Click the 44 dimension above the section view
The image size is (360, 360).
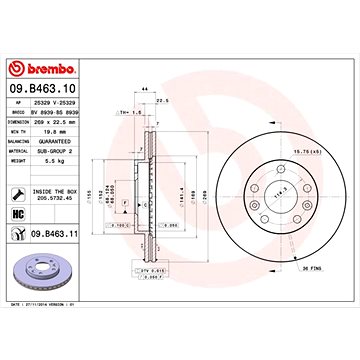(x=145, y=89)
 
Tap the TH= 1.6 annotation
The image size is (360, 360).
(x=127, y=113)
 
